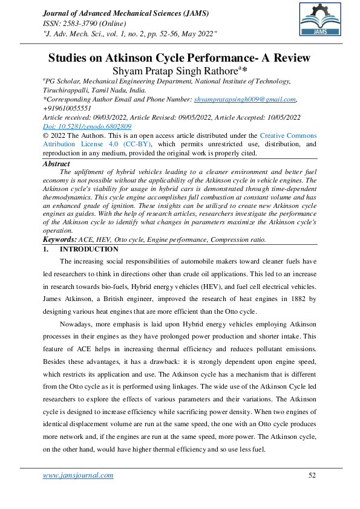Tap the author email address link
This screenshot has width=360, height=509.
pos(244,99)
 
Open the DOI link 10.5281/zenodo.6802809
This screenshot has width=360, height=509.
pos(87,126)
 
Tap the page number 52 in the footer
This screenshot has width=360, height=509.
pos(312,475)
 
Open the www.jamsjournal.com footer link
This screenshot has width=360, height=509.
pos(78,475)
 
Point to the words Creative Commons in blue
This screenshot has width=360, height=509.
pos(288,136)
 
